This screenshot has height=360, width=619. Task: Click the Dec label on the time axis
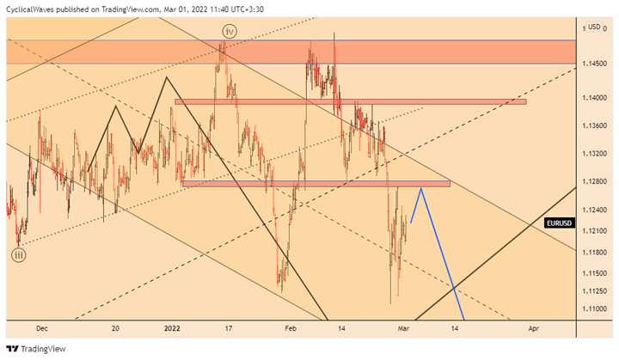(x=40, y=328)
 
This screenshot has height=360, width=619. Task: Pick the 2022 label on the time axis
(x=172, y=328)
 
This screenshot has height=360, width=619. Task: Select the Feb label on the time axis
(x=291, y=328)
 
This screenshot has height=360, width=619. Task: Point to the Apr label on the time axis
(x=533, y=328)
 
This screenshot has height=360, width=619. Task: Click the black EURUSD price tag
(x=560, y=223)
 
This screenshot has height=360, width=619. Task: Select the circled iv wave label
(x=227, y=31)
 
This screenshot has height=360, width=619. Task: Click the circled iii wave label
(x=19, y=254)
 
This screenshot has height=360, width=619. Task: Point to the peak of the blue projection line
(x=421, y=188)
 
